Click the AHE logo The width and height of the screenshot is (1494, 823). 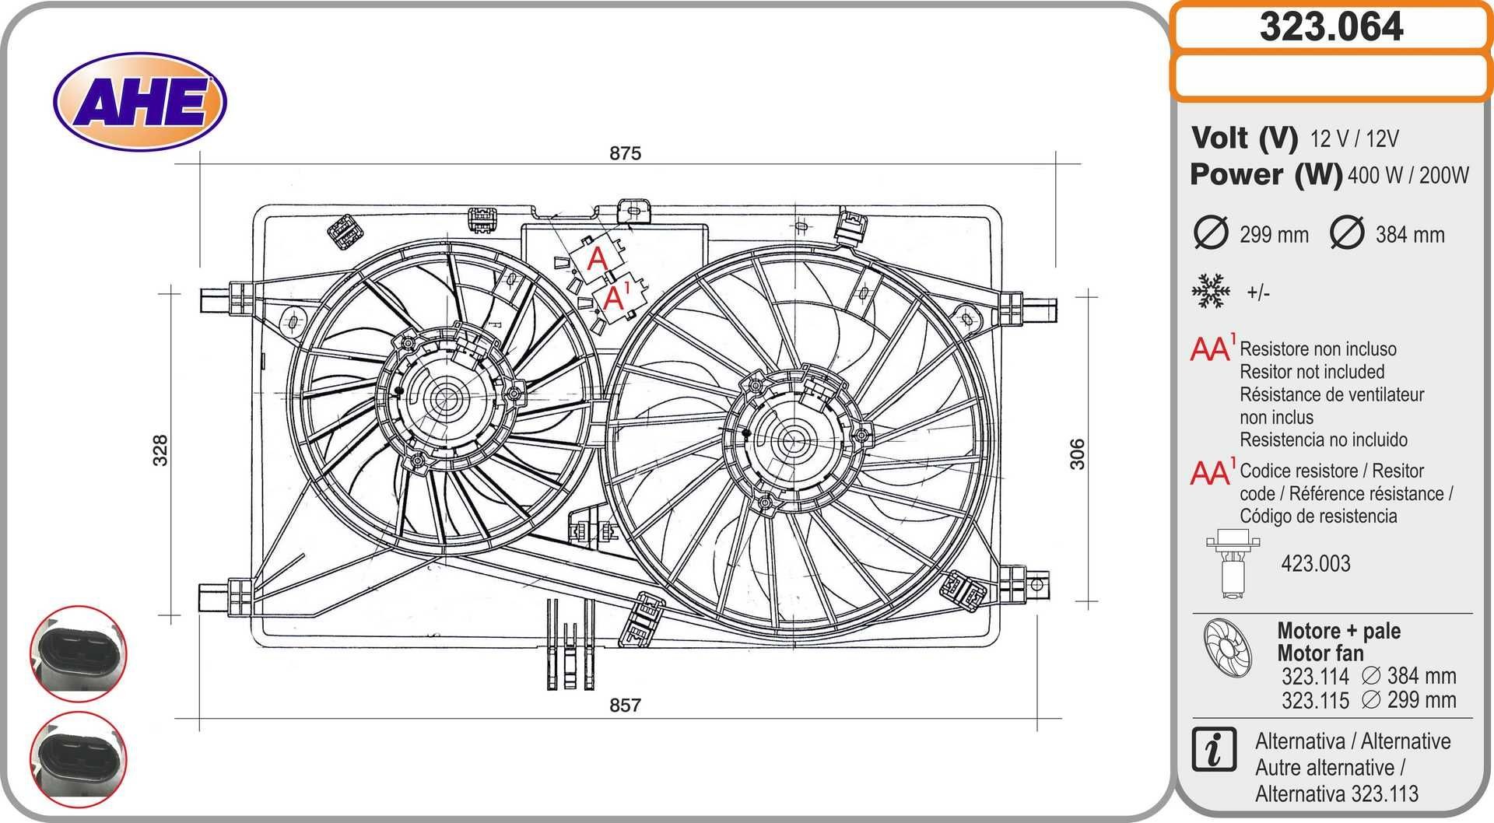click(140, 102)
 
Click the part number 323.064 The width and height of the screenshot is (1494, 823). click(1331, 27)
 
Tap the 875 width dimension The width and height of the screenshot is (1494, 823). click(625, 153)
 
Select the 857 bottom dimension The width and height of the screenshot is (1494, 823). click(625, 705)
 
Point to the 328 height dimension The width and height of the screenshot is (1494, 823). click(160, 450)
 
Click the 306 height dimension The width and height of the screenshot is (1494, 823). click(1077, 454)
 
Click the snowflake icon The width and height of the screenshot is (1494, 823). click(1210, 292)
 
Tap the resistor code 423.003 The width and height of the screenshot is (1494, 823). click(1315, 563)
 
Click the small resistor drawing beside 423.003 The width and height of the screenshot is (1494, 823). click(1233, 563)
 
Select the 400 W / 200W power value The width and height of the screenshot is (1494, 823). click(1408, 175)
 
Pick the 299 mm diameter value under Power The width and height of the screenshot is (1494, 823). click(1274, 234)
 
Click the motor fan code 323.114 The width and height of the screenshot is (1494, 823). click(1315, 676)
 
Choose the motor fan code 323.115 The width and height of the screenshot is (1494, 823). click(1315, 700)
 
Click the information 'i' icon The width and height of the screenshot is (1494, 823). click(1214, 750)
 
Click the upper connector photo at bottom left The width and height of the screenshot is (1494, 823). click(78, 653)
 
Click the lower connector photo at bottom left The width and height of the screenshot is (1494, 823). click(78, 758)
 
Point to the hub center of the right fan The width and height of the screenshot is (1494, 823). click(793, 440)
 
